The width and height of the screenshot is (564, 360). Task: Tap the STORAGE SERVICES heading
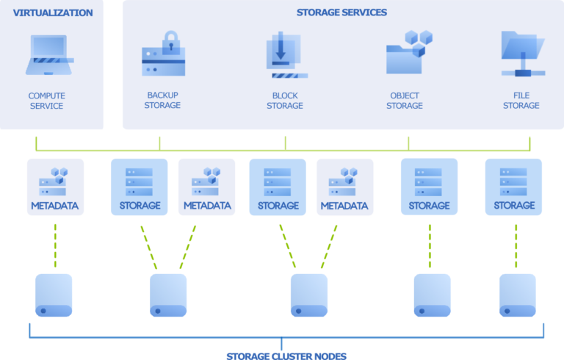click(341, 12)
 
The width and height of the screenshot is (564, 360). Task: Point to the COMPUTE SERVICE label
click(46, 101)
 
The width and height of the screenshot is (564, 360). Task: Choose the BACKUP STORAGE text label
click(163, 100)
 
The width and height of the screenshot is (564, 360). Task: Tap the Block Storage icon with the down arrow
click(284, 55)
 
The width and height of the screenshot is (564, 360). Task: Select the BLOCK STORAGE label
click(285, 101)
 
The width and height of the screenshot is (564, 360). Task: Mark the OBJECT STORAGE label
click(405, 101)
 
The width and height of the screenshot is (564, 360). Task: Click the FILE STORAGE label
click(521, 101)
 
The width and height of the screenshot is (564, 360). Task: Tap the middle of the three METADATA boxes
click(207, 187)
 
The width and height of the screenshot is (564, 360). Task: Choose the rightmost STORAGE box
click(513, 187)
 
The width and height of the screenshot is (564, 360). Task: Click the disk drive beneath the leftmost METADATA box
click(54, 295)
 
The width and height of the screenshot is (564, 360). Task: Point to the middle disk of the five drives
click(308, 295)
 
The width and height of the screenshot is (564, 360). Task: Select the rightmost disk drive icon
click(518, 295)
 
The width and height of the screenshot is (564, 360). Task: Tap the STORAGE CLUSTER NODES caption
click(286, 356)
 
